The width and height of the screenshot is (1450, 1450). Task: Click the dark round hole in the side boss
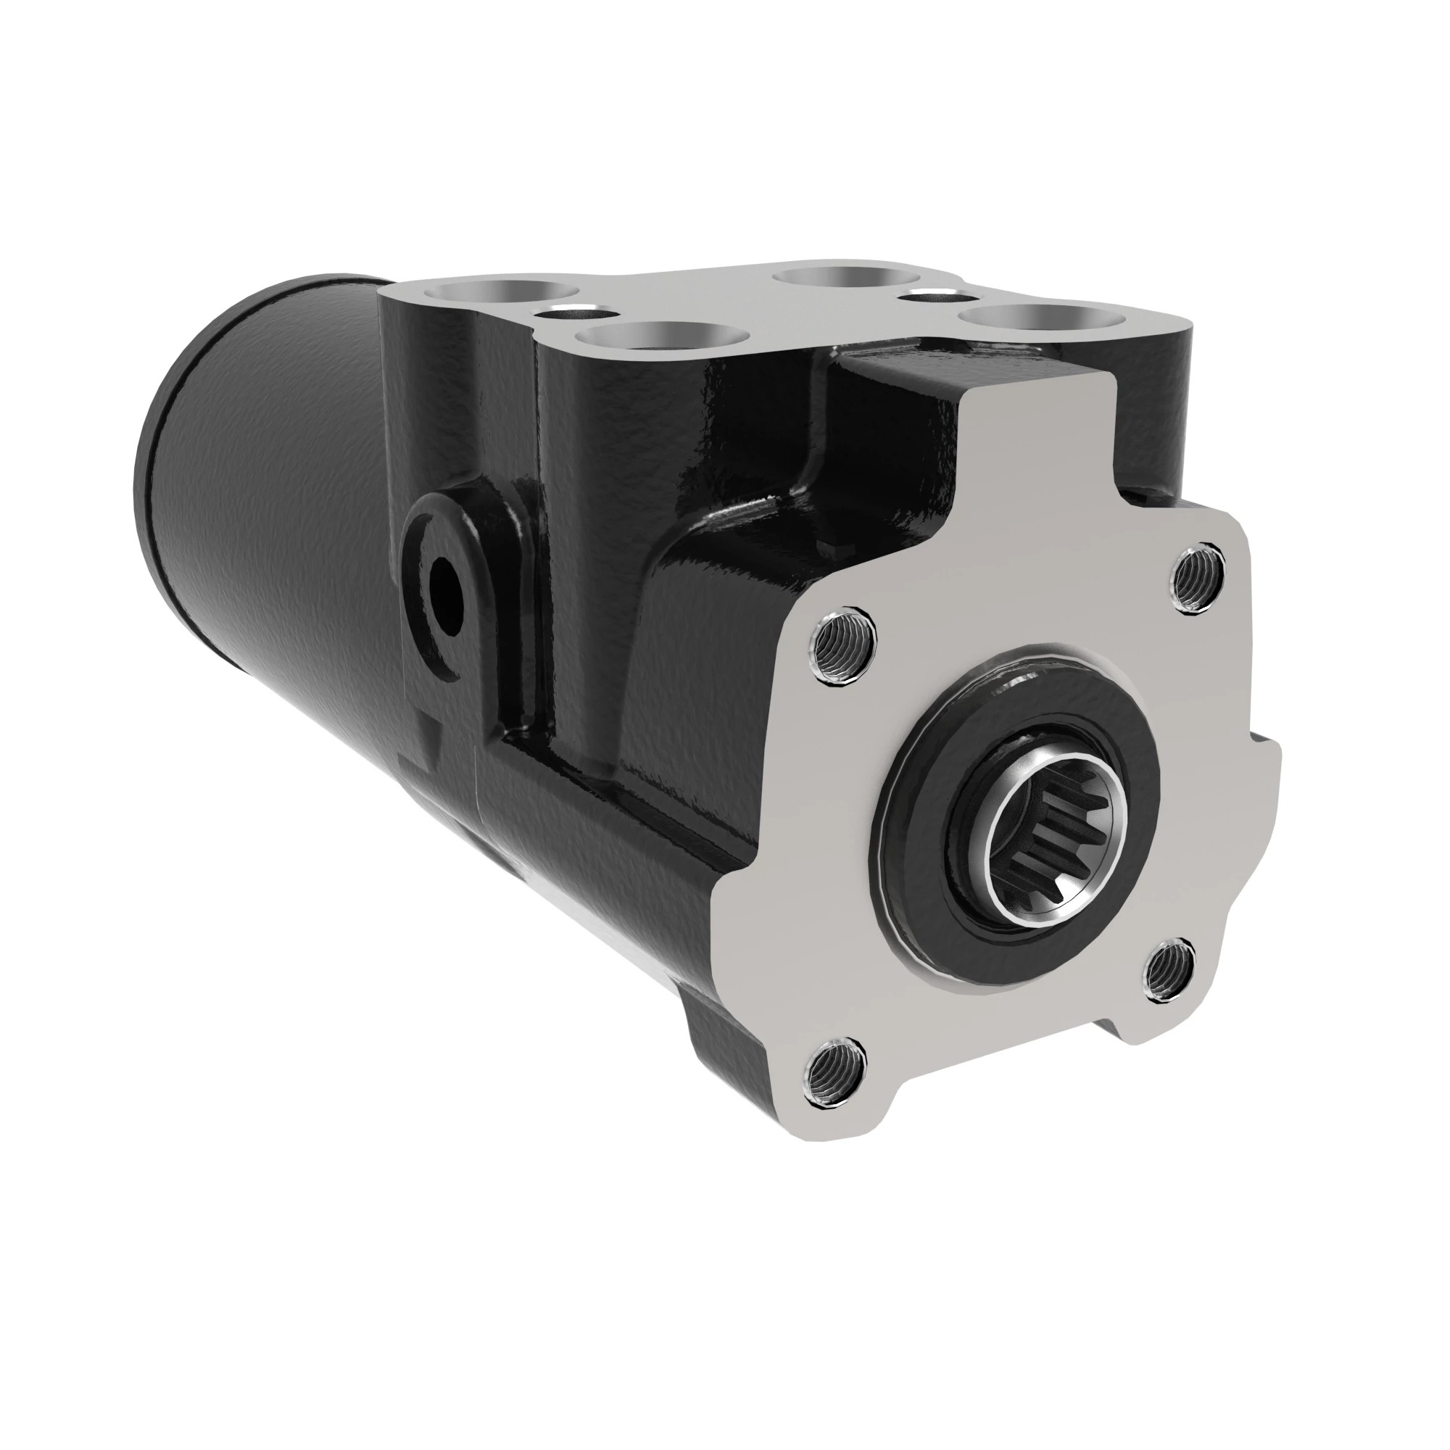(447, 595)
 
